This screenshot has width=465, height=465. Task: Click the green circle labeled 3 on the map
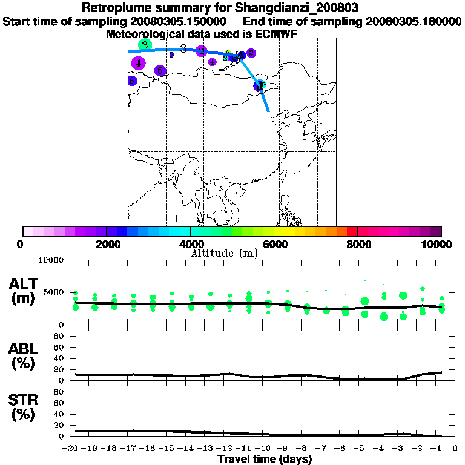coord(145,45)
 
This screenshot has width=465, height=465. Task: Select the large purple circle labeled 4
coord(139,62)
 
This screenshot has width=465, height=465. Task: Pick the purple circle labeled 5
coord(160,71)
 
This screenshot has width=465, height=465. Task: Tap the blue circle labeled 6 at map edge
coord(131,81)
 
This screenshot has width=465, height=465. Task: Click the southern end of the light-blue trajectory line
coord(268,111)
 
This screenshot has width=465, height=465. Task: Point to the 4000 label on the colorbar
coord(190,244)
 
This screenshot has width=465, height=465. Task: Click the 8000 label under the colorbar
coord(357,244)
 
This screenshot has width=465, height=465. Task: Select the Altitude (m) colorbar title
coord(225,253)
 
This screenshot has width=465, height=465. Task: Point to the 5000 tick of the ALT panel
coord(54,292)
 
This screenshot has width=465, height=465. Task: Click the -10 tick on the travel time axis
coord(263,448)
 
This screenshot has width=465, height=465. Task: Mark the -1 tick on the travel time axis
coord(439,448)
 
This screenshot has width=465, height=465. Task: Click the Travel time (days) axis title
coord(265,459)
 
